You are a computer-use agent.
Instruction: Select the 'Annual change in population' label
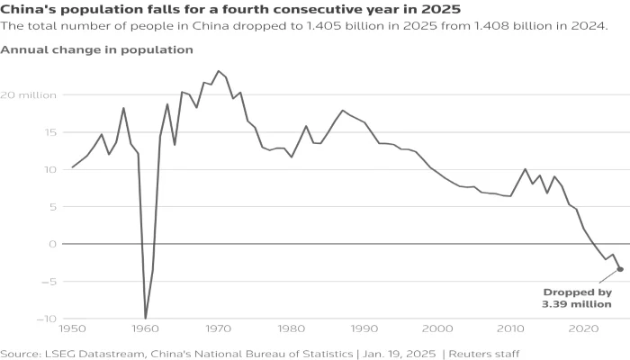[x=96, y=49]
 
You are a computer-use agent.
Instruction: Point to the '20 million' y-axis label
[x=31, y=94]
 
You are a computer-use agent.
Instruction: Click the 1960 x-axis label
[x=145, y=329]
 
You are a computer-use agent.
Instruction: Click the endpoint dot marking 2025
[x=620, y=269]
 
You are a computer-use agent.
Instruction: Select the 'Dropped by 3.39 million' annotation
[x=577, y=298]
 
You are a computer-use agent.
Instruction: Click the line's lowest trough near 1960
[x=146, y=318]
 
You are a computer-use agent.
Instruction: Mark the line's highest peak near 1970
[x=218, y=71]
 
